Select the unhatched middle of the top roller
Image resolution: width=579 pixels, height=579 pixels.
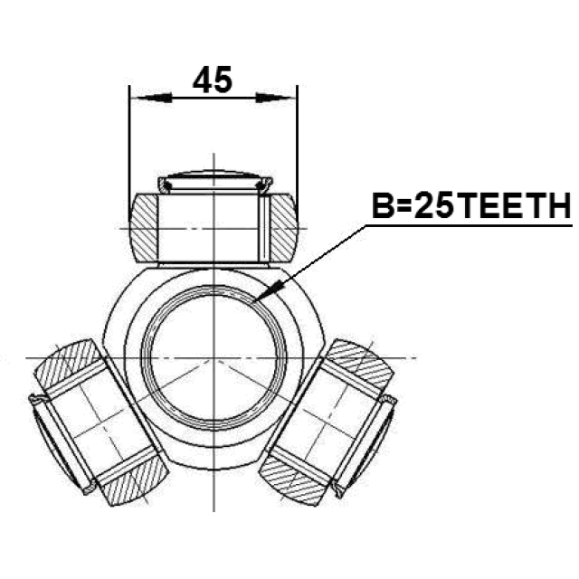pos(214,227)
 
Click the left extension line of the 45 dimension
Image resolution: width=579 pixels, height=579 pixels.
pos(129,145)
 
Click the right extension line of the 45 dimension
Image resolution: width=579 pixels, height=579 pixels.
pos(298,145)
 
